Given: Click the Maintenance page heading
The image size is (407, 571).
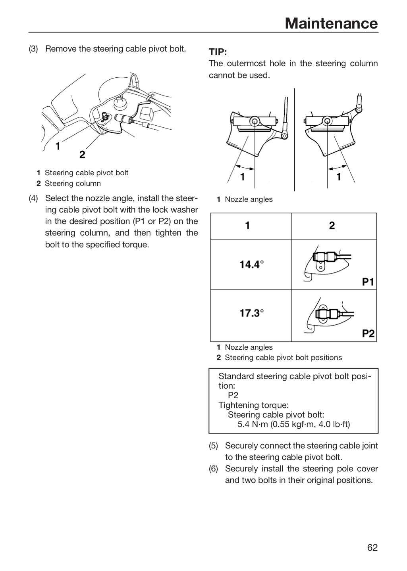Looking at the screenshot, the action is point(331,23).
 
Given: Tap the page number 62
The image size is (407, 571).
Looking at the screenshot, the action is point(372,547).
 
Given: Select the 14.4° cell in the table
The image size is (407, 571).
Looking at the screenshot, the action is point(251,264).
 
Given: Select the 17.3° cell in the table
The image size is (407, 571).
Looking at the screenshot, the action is point(251,313).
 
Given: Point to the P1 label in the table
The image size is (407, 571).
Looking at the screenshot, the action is point(368,282).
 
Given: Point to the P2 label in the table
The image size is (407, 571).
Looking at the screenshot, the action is point(368,333).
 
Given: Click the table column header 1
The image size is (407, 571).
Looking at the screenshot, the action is point(247,225).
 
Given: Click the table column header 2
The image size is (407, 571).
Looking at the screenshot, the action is point(332,225).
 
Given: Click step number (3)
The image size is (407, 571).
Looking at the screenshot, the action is point(33,49).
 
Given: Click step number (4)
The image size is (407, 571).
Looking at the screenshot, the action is point(33,198).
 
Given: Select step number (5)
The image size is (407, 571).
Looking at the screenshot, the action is point(214,446).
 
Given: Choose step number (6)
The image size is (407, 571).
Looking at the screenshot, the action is point(214,469).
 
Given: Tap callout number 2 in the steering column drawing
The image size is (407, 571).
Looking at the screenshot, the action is point(82,155).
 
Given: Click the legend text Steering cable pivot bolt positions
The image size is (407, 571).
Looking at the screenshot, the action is point(283,357).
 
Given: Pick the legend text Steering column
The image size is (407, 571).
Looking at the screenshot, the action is point(73,183).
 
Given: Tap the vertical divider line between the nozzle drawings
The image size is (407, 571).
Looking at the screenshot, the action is point(294,140).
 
